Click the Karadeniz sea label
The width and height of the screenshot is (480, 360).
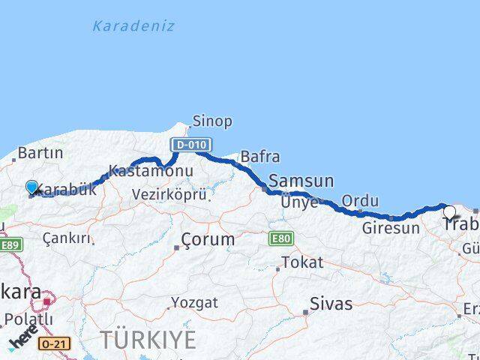[x=133, y=26]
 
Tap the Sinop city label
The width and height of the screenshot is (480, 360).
[x=211, y=121]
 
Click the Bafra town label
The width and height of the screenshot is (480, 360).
[x=259, y=157]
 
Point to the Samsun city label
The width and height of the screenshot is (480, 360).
[x=301, y=181]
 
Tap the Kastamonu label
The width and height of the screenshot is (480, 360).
[x=150, y=171]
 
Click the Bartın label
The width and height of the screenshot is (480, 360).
[x=40, y=153]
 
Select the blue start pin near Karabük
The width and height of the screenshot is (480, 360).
[x=31, y=187]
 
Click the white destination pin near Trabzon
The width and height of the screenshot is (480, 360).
[x=449, y=212]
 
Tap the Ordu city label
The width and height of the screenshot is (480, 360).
[x=360, y=201]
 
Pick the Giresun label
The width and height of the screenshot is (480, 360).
[x=391, y=228]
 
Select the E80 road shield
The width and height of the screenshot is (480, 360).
[x=280, y=238]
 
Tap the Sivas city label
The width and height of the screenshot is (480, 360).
[x=331, y=304]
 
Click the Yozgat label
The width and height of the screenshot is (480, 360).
[x=194, y=303]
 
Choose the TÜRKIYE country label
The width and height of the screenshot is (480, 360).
[x=148, y=339]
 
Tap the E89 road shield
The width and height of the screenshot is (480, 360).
[x=10, y=244]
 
